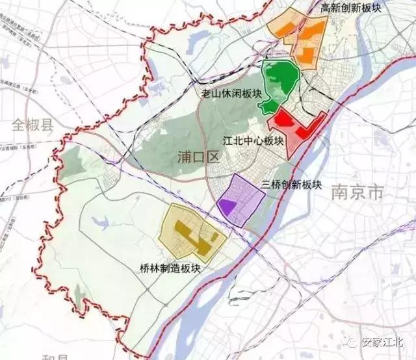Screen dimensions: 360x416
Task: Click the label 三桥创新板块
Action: coord(292,185)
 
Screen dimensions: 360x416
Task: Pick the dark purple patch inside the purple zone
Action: coord(227,206)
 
